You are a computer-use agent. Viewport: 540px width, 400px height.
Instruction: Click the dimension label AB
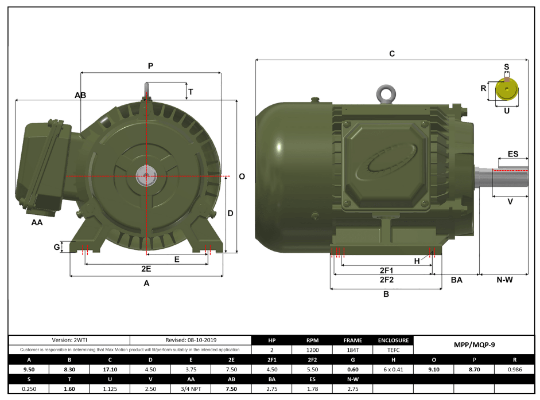tap(80, 95)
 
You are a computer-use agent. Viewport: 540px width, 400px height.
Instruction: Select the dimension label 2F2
tap(386, 280)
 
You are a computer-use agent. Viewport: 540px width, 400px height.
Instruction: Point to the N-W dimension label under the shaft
tap(504, 280)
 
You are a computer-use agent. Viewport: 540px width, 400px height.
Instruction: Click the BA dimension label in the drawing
tap(457, 280)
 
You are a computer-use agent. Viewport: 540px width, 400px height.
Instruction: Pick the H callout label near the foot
tap(417, 261)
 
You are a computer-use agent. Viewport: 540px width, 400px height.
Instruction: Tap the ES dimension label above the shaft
tap(513, 154)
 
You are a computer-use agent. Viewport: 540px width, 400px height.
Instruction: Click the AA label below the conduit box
tap(37, 222)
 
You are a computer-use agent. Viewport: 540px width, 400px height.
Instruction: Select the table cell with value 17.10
tap(110, 369)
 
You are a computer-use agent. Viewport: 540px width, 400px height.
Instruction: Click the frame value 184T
tap(352, 349)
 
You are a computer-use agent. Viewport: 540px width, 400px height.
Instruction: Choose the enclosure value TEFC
tap(393, 349)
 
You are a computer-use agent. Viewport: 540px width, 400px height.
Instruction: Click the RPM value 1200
tap(312, 349)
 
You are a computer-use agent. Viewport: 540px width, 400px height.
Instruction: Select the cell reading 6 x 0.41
tap(393, 369)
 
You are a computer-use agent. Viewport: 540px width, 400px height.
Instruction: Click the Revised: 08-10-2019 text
tap(191, 340)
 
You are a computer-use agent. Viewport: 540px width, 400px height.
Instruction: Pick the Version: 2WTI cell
tap(69, 340)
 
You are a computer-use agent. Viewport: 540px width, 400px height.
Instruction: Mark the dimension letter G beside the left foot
tap(57, 247)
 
